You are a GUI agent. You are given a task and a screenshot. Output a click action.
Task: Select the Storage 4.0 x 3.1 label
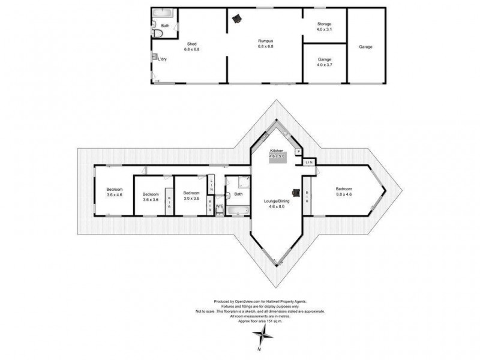pyautogui.click(x=325, y=26)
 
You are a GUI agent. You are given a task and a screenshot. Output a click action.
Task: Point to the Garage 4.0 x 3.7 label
pyautogui.click(x=325, y=62)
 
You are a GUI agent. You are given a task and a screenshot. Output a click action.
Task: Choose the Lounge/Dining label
pyautogui.click(x=277, y=204)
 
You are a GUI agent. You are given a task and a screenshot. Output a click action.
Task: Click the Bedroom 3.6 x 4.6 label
pyautogui.click(x=114, y=192)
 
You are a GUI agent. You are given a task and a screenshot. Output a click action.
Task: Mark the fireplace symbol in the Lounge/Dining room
pyautogui.click(x=296, y=192)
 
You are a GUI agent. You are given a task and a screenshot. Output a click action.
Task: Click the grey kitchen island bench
pyautogui.click(x=277, y=157)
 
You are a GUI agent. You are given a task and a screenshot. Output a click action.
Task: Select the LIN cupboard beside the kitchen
pyautogui.click(x=310, y=163)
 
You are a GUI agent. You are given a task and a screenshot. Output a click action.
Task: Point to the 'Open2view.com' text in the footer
pyautogui.click(x=247, y=302)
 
